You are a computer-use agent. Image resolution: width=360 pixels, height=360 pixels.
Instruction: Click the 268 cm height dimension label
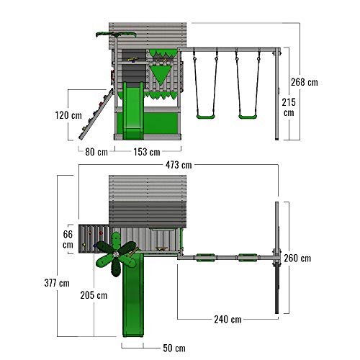click(x=305, y=82)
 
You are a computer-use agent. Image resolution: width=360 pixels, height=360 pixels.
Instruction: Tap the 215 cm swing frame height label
click(x=289, y=107)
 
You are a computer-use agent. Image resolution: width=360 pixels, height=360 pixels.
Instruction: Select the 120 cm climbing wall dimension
click(x=68, y=115)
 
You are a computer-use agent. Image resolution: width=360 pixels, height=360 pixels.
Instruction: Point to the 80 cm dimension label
click(x=96, y=152)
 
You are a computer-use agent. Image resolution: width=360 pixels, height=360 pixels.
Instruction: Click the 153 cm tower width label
click(x=147, y=152)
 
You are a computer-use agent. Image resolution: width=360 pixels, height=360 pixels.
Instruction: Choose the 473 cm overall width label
click(x=179, y=165)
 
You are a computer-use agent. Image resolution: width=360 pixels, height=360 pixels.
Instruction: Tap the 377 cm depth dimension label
click(x=57, y=283)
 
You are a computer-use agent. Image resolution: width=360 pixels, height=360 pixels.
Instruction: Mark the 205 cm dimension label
click(x=94, y=295)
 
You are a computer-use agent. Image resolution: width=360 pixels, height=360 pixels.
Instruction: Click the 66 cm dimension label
click(x=68, y=240)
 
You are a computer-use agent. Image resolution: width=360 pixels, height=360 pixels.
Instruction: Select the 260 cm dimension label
click(x=297, y=258)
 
